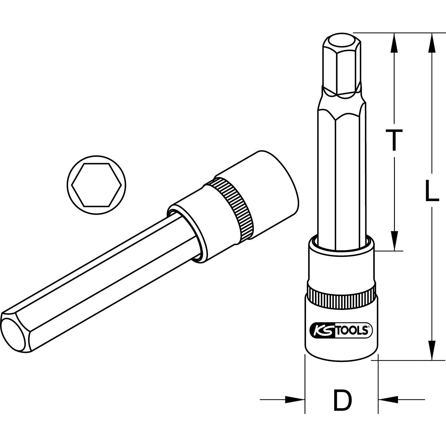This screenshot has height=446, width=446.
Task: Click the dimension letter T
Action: (x=393, y=140)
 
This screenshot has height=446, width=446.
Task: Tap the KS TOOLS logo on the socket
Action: (x=340, y=331)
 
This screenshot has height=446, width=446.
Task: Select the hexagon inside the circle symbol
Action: (x=97, y=185)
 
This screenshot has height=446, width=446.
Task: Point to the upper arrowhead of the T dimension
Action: (x=394, y=43)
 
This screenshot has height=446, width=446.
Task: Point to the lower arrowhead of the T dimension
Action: (x=394, y=241)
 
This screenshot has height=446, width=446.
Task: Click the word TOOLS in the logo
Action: (x=353, y=331)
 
